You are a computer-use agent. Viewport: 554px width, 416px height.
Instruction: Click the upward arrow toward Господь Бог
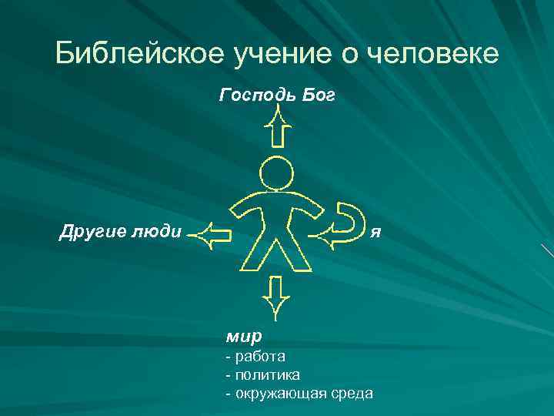[x=279, y=127]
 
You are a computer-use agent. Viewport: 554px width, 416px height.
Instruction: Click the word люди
[x=154, y=231]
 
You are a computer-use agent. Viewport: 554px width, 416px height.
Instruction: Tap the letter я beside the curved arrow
[x=375, y=231]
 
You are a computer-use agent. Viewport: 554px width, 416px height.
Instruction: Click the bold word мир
[x=244, y=336]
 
